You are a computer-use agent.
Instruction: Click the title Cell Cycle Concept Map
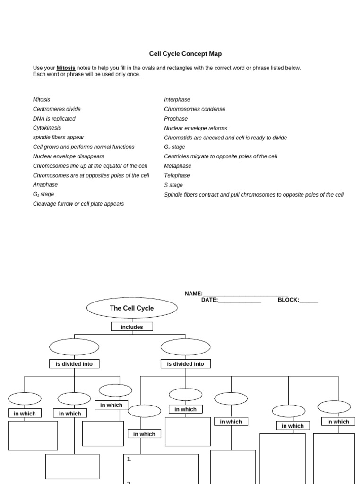pyautogui.click(x=185, y=54)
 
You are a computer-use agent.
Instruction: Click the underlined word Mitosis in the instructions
pyautogui.click(x=66, y=68)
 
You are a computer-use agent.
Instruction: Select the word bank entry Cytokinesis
pyautogui.click(x=47, y=128)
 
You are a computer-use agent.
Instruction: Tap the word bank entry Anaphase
pyautogui.click(x=45, y=185)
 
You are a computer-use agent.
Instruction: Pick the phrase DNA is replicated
pyautogui.click(x=54, y=119)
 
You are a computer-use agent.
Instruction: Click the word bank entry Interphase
pyautogui.click(x=177, y=100)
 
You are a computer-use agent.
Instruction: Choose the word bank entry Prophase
pyautogui.click(x=176, y=119)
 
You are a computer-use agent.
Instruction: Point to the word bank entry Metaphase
pyautogui.click(x=178, y=166)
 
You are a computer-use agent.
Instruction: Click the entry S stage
pyautogui.click(x=173, y=185)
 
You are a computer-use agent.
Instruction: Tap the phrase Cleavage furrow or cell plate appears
pyautogui.click(x=78, y=204)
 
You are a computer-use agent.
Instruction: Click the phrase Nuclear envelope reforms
pyautogui.click(x=195, y=128)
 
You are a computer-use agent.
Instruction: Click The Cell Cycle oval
pyautogui.click(x=132, y=308)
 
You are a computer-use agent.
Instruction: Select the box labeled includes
pyautogui.click(x=132, y=327)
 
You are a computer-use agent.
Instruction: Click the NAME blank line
pyautogui.click(x=245, y=294)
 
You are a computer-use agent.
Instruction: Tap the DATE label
pyautogui.click(x=209, y=300)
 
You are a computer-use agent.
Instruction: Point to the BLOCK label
pyautogui.click(x=288, y=300)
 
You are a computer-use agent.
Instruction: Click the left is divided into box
pyautogui.click(x=74, y=364)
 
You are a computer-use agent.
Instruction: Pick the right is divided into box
pyautogui.click(x=186, y=364)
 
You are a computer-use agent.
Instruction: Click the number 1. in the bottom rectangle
pyautogui.click(x=129, y=459)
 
